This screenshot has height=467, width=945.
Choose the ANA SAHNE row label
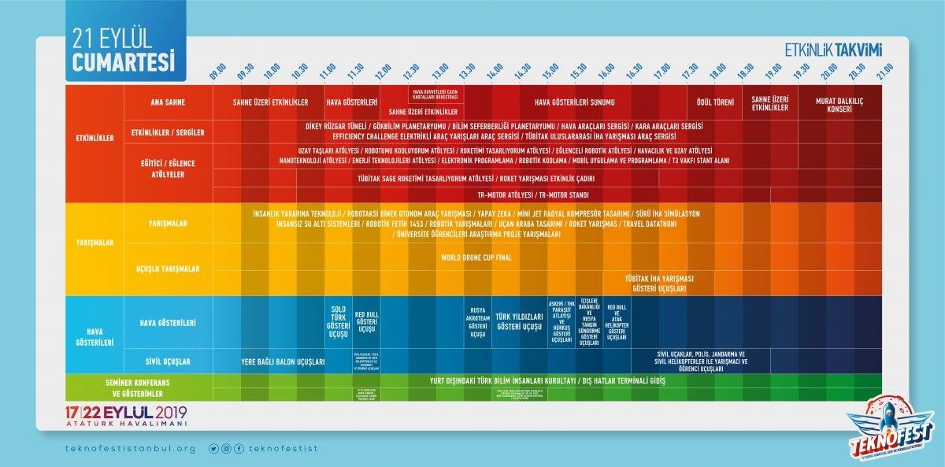(168, 102)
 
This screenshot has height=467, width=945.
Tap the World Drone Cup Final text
(476, 257)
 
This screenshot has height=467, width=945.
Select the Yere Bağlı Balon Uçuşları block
(283, 362)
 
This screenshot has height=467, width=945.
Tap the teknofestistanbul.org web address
(130, 448)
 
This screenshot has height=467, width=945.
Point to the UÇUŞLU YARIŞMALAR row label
(168, 269)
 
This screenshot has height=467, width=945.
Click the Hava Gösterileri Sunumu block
(574, 102)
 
